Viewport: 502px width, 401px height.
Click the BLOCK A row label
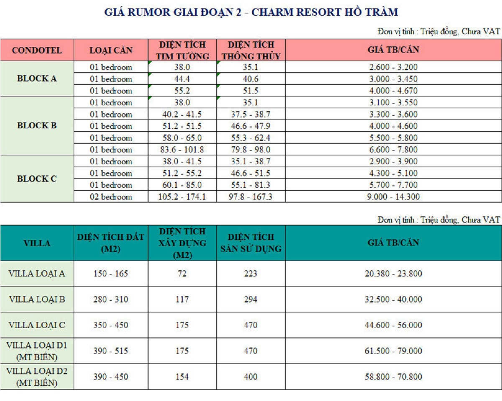click(x=37, y=79)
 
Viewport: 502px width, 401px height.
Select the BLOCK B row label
click(x=37, y=126)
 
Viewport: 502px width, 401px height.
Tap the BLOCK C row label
click(x=37, y=179)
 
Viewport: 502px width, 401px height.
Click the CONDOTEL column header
click(x=37, y=51)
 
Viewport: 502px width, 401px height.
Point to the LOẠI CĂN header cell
click(x=111, y=51)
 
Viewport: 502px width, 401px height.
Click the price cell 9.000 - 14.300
click(x=393, y=197)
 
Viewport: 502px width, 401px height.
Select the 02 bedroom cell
click(x=111, y=197)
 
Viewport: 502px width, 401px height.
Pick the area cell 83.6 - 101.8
click(x=182, y=150)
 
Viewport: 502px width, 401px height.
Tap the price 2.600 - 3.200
click(x=393, y=67)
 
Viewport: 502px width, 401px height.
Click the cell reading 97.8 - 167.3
click(x=251, y=197)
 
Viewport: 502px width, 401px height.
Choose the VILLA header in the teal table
click(x=37, y=243)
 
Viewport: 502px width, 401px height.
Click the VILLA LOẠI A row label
click(x=37, y=274)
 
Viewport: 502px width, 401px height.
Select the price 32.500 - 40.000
click(x=393, y=299)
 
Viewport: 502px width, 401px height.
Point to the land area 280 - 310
click(x=111, y=299)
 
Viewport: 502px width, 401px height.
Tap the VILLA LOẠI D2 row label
click(x=37, y=376)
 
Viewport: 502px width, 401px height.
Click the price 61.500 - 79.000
click(x=393, y=351)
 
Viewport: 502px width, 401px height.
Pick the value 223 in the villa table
click(x=251, y=274)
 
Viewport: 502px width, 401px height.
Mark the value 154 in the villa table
click(x=182, y=376)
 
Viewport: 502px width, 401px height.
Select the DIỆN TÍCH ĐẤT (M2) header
click(x=111, y=243)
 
